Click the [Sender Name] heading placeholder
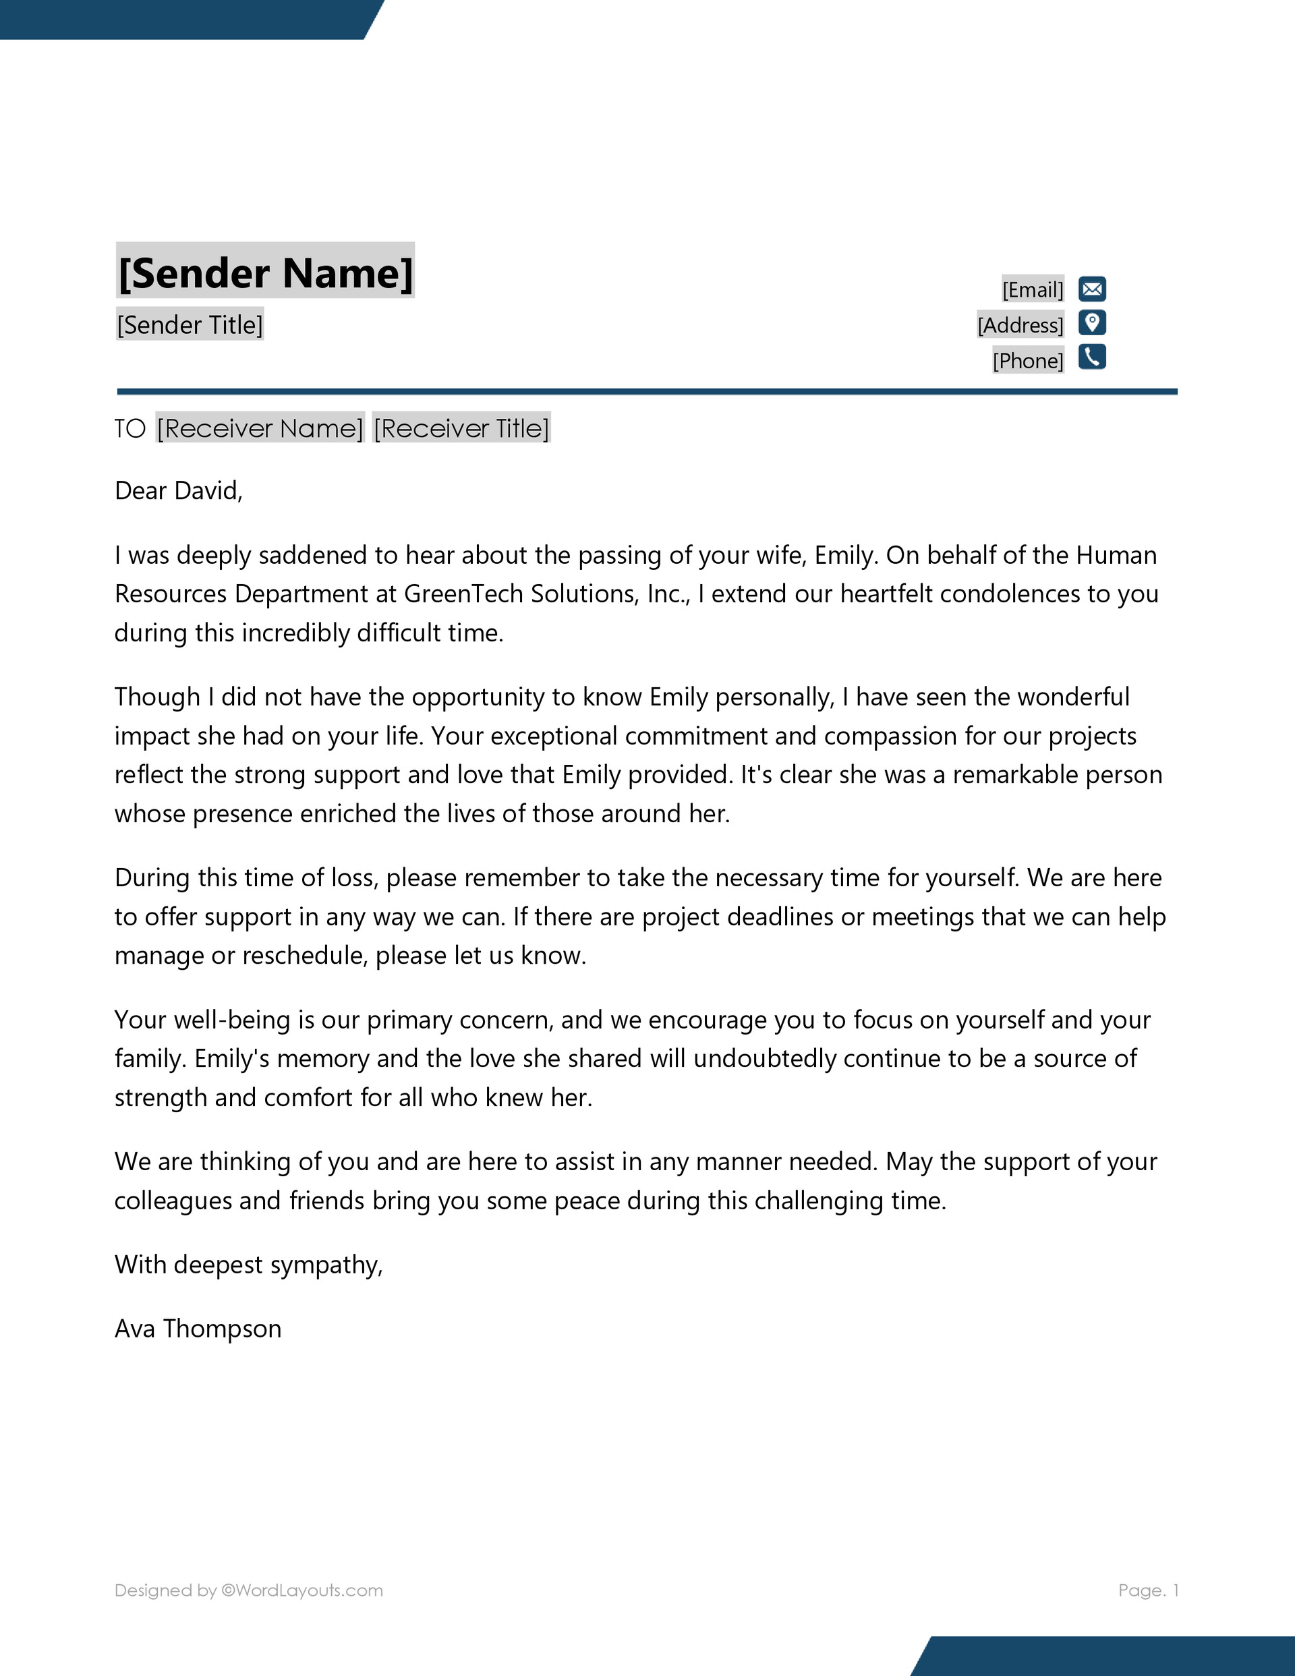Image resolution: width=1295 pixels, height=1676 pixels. (x=265, y=272)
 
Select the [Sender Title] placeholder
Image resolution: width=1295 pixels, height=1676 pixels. (x=190, y=324)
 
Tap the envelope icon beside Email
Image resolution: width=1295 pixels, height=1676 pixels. (x=1091, y=289)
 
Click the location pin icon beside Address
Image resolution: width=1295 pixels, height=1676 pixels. (x=1091, y=323)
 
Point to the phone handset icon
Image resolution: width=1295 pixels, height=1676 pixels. (x=1091, y=357)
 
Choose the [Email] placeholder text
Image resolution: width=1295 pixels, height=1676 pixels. (x=1033, y=290)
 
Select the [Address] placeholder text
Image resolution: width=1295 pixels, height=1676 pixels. (x=1020, y=325)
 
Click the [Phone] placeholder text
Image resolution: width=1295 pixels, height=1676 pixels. (x=1028, y=361)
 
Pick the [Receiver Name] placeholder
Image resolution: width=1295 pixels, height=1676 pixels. (x=260, y=428)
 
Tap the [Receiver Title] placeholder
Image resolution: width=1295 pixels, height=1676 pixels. (x=461, y=428)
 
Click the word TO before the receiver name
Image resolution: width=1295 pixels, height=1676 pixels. (x=129, y=428)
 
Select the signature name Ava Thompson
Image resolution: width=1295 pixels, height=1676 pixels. (x=198, y=1329)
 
